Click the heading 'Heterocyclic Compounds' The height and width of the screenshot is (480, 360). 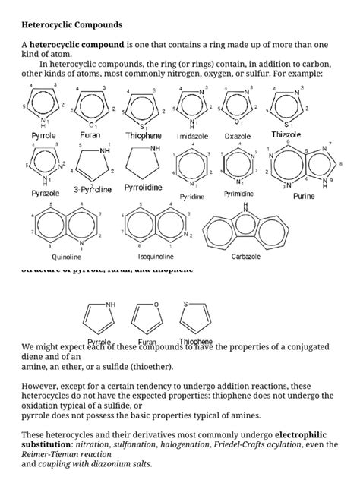[71, 25]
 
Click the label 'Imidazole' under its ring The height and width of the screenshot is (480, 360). [193, 136]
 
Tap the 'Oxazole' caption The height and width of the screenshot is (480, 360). [238, 136]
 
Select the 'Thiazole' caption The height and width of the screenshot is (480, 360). [286, 134]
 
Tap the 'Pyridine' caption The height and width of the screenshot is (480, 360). [193, 196]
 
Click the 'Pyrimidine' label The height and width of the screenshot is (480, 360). [238, 194]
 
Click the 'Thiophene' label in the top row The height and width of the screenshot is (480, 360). [144, 135]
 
